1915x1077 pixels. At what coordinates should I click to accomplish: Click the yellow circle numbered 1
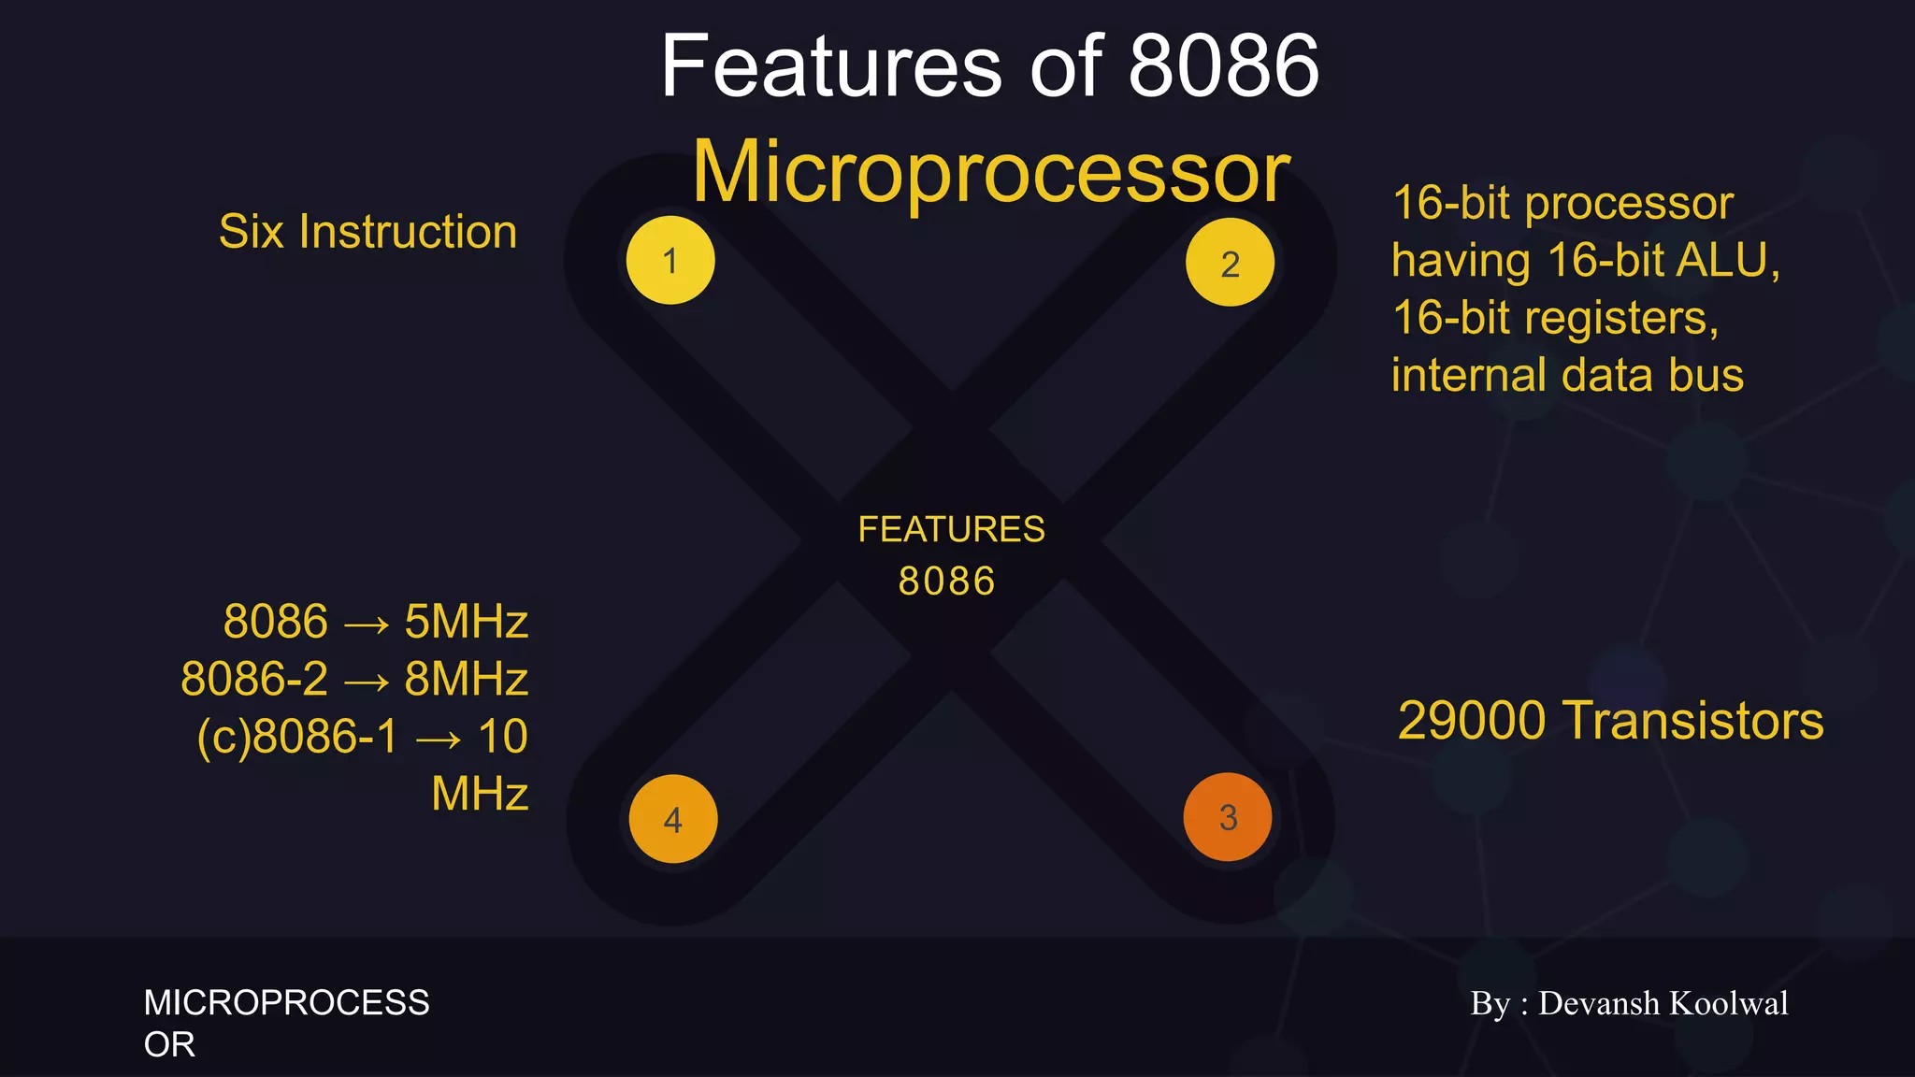click(x=670, y=260)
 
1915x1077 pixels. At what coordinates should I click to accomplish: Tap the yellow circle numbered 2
click(x=1230, y=263)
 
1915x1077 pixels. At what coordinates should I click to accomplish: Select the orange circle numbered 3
click(x=1228, y=817)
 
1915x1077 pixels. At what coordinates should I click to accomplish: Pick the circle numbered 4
click(x=673, y=819)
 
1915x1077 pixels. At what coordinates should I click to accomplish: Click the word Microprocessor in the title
click(x=991, y=172)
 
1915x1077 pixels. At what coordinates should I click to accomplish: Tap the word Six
click(x=252, y=232)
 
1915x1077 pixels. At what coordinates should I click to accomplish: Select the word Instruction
click(x=408, y=232)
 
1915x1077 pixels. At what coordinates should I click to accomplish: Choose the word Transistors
click(x=1692, y=721)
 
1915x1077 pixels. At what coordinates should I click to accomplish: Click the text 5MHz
click(x=466, y=622)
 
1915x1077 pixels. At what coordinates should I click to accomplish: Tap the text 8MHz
click(x=466, y=679)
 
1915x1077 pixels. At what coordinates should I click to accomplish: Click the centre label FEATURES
click(x=951, y=529)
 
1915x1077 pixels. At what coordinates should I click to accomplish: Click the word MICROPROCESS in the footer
click(x=286, y=1003)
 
